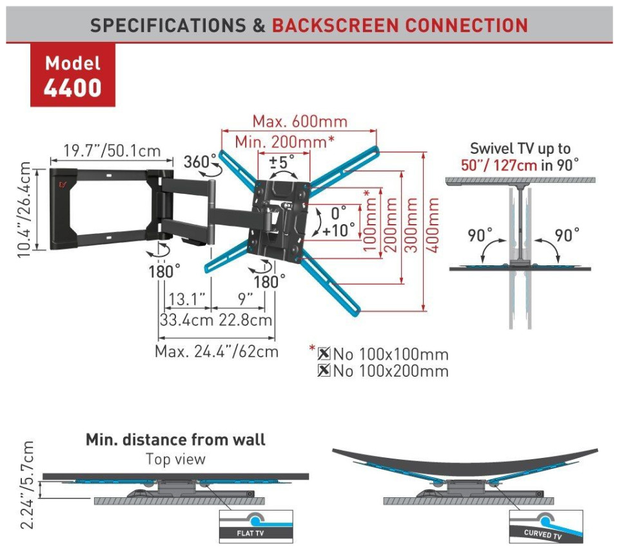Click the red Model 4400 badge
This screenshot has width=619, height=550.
(73, 75)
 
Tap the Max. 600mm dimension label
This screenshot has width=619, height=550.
(299, 121)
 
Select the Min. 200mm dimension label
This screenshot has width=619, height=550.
(284, 142)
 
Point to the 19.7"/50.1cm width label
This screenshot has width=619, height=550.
(112, 151)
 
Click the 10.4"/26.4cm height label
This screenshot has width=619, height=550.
(25, 210)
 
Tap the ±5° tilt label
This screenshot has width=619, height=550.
(282, 161)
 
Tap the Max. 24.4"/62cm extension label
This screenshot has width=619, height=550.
(217, 352)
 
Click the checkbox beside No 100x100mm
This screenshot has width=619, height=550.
(324, 354)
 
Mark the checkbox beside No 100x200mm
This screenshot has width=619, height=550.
(324, 371)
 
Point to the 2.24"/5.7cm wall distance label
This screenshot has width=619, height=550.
(26, 485)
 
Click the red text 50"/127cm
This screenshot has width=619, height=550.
(498, 164)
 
